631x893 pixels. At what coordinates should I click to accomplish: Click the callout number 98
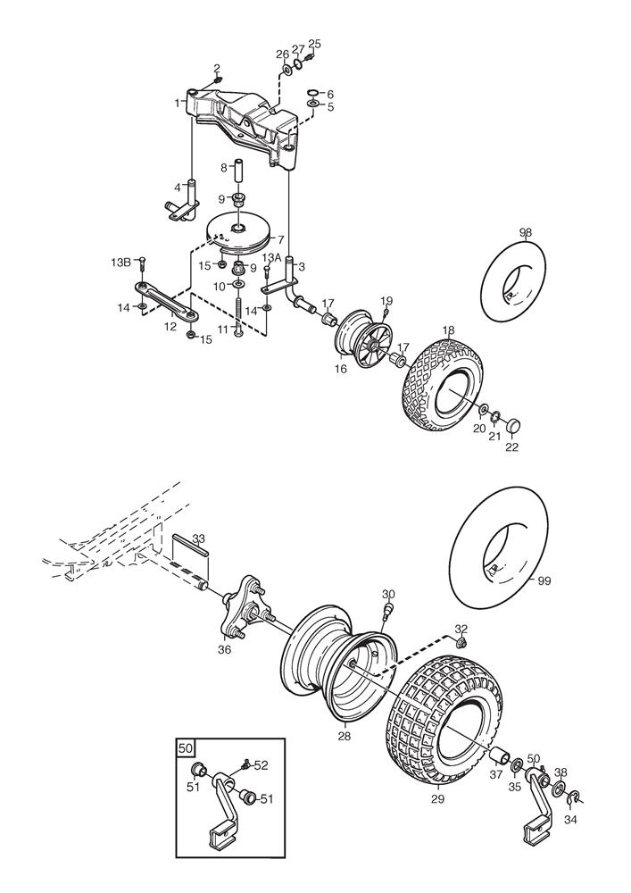tap(526, 233)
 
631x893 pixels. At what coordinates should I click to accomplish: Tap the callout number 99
tap(544, 581)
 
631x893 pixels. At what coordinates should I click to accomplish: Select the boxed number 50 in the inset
tap(186, 747)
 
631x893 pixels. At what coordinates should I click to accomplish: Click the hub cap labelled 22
tap(514, 425)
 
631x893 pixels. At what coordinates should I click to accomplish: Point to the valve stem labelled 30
tap(388, 610)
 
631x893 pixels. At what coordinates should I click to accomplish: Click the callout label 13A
tap(270, 257)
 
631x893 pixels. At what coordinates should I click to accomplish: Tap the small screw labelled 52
tap(245, 763)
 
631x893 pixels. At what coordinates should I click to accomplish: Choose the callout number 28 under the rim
tap(344, 736)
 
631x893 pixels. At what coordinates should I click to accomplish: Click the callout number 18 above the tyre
tap(448, 330)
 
